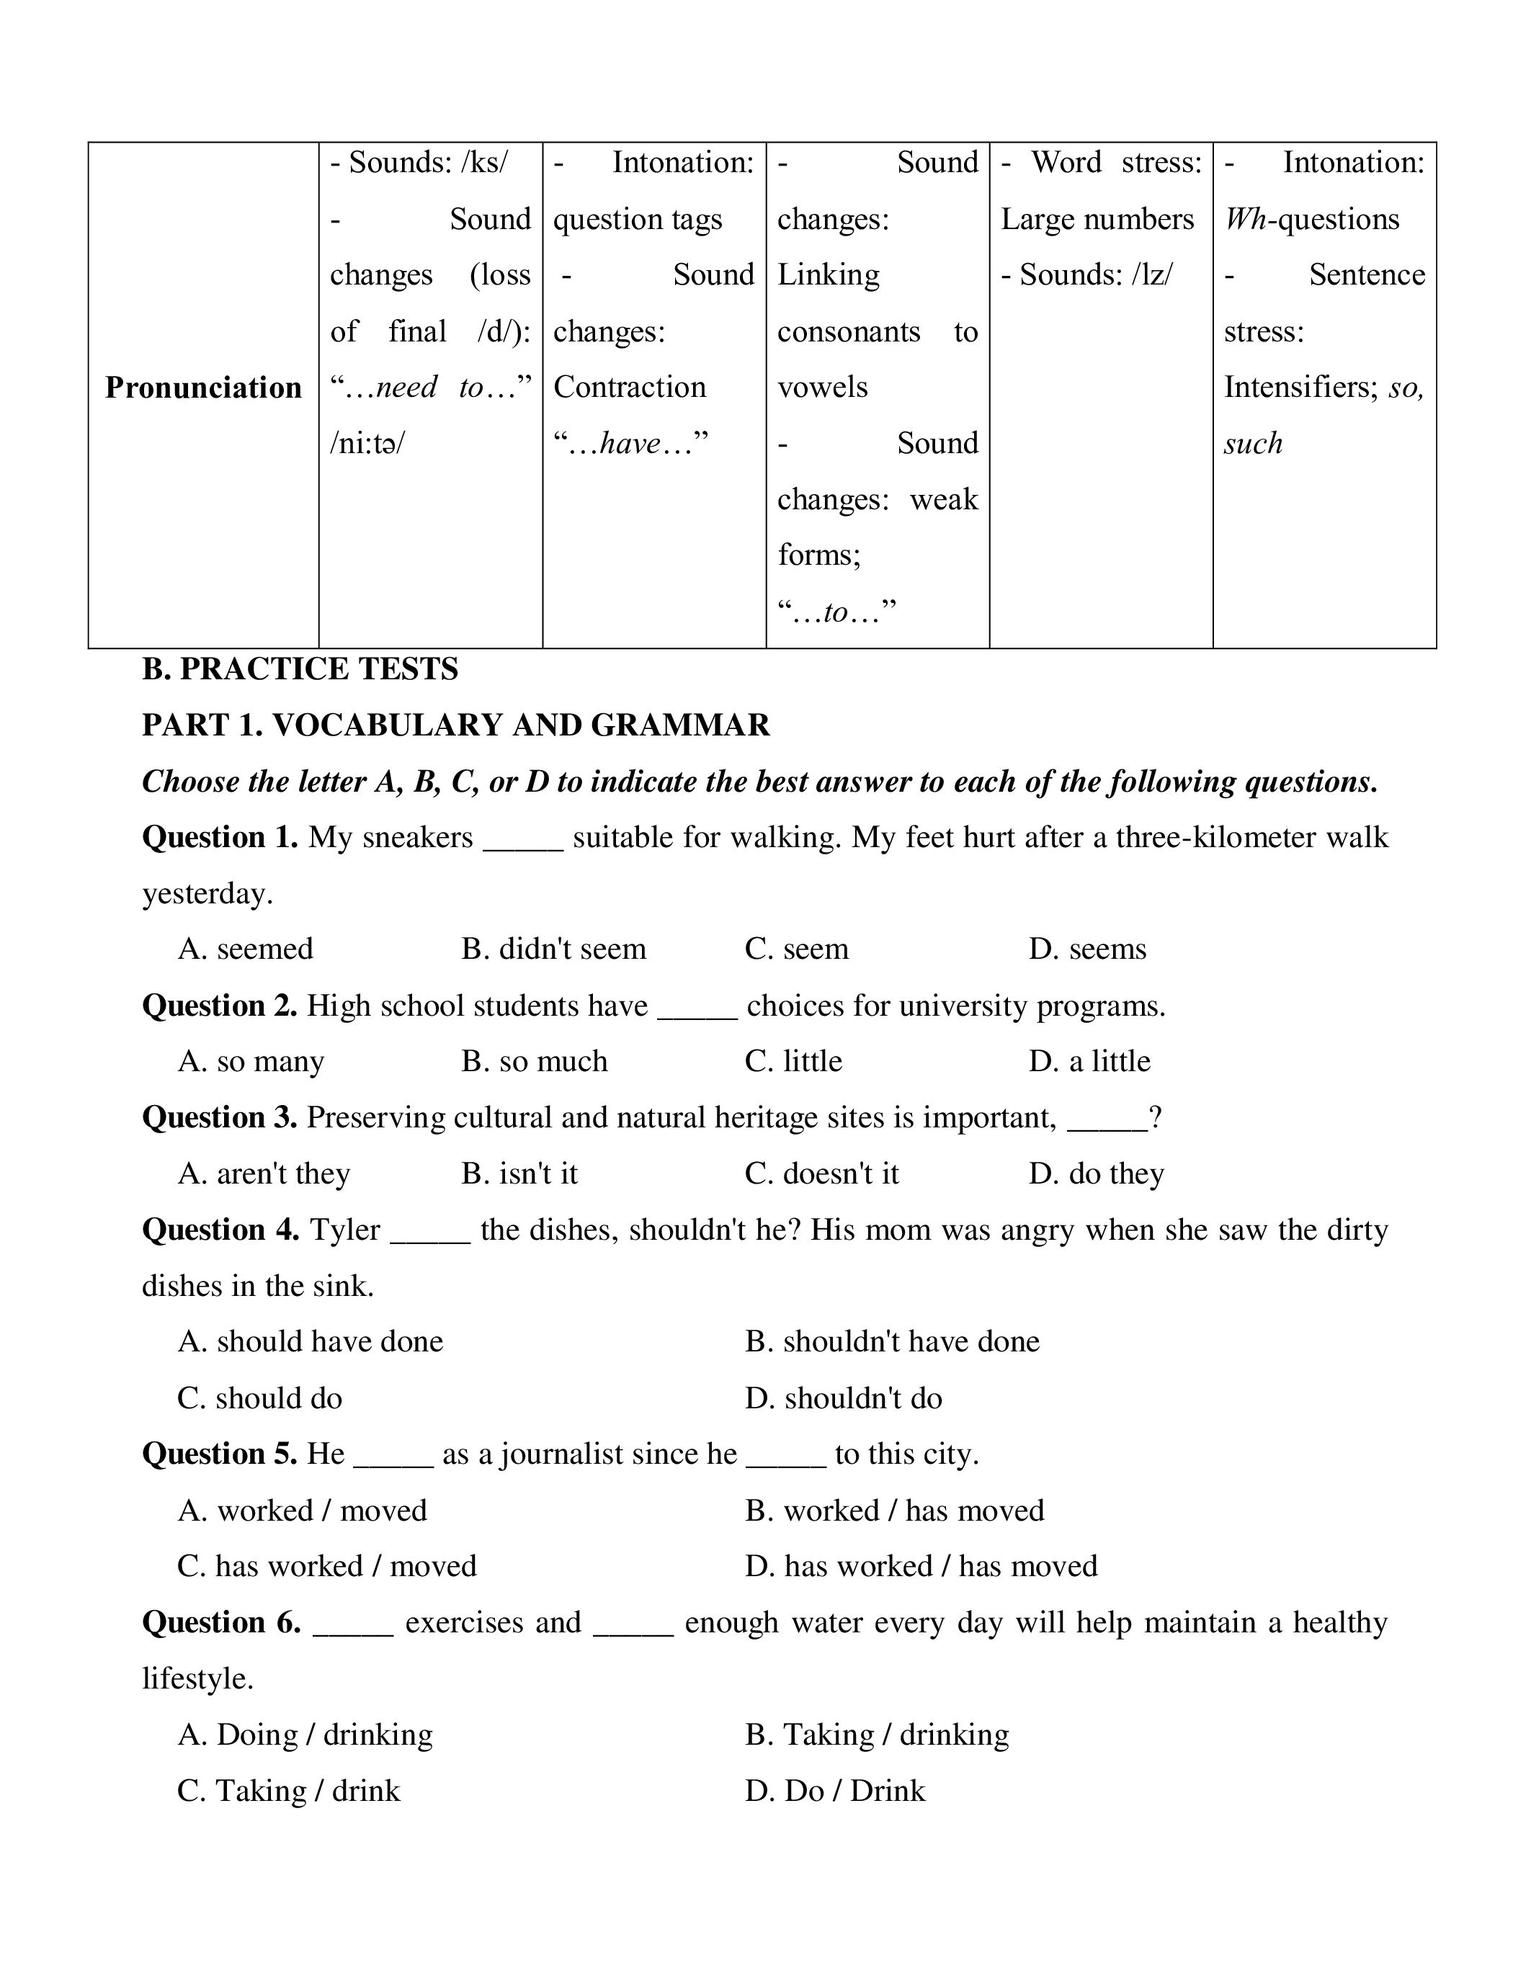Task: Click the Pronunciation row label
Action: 203,388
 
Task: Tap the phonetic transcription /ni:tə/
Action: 367,444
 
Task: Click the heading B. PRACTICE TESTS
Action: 300,669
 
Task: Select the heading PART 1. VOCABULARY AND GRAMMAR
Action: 456,725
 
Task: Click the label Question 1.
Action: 220,837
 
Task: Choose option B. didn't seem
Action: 553,949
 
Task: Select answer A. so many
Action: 251,1061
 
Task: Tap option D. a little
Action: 1089,1061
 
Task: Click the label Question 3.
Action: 220,1117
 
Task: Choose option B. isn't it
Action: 519,1173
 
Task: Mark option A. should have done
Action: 311,1341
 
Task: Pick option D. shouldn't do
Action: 844,1398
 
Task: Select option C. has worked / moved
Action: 326,1567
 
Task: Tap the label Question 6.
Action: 222,1623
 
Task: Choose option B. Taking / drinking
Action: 877,1735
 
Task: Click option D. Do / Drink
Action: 835,1791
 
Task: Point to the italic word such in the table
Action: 1254,444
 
